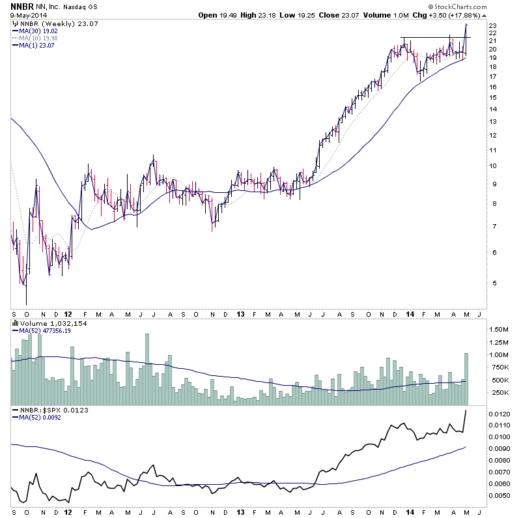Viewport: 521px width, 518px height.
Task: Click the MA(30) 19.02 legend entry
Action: tap(38, 31)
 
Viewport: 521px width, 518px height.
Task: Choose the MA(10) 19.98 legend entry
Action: tap(38, 38)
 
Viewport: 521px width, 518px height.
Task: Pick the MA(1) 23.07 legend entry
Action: tap(36, 45)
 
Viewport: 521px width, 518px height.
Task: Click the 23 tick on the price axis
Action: tap(493, 25)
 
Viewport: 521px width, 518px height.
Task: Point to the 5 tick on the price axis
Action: tap(493, 283)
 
